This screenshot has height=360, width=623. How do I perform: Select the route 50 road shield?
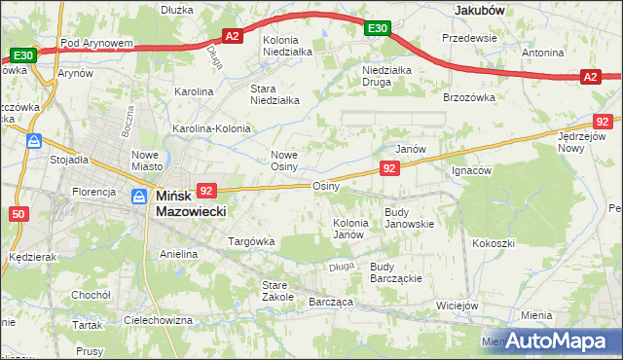click(x=18, y=214)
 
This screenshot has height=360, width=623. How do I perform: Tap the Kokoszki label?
click(x=492, y=242)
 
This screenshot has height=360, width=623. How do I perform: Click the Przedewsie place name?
click(x=469, y=38)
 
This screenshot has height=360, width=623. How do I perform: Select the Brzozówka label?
click(x=469, y=97)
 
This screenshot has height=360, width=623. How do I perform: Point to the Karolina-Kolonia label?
click(x=211, y=128)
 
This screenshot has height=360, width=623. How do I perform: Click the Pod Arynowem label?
click(x=96, y=44)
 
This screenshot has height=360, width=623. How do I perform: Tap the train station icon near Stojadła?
click(x=34, y=141)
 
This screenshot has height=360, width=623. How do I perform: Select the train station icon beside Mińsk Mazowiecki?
click(x=139, y=197)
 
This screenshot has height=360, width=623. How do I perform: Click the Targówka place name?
click(x=251, y=240)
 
